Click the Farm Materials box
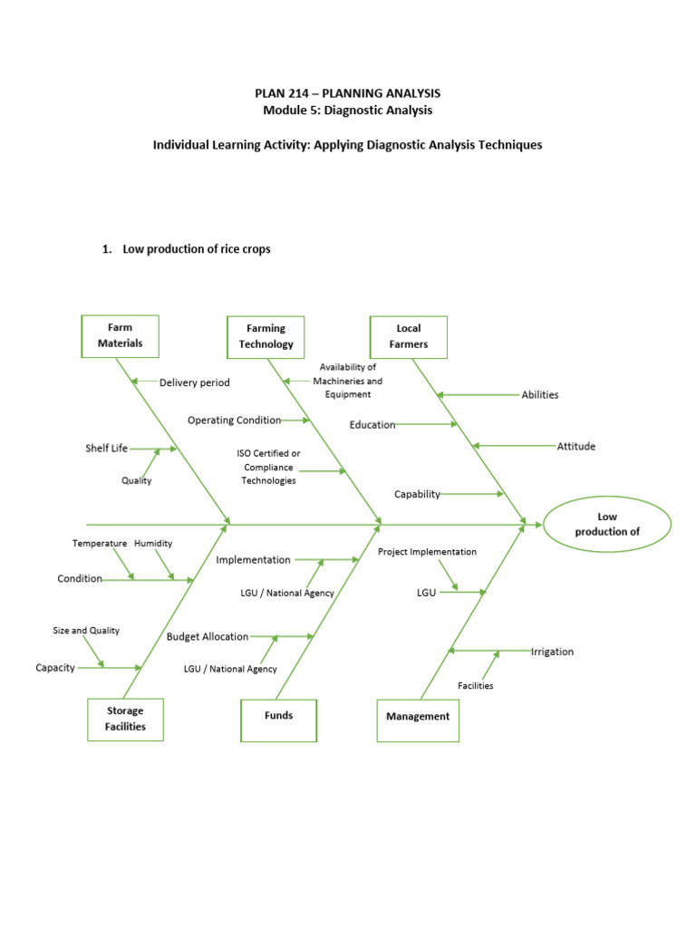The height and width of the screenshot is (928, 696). pyautogui.click(x=120, y=336)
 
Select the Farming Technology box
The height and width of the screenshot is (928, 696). pyautogui.click(x=266, y=336)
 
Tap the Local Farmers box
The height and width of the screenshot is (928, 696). pyautogui.click(x=408, y=336)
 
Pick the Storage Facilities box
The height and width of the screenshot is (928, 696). pyautogui.click(x=125, y=719)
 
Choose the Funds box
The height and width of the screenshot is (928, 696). pyautogui.click(x=278, y=716)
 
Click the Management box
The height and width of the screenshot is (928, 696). pyautogui.click(x=417, y=717)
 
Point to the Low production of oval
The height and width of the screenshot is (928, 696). pyautogui.click(x=607, y=525)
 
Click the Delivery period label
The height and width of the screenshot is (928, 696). pyautogui.click(x=195, y=383)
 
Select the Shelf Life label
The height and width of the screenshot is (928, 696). pyautogui.click(x=107, y=449)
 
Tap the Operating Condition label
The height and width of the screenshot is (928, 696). pyautogui.click(x=234, y=420)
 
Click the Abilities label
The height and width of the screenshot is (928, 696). pyautogui.click(x=540, y=395)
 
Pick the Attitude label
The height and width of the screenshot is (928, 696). pyautogui.click(x=576, y=447)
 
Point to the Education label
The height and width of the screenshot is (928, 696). pyautogui.click(x=372, y=425)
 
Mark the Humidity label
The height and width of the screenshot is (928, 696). pyautogui.click(x=153, y=544)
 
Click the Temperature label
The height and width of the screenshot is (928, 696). pyautogui.click(x=100, y=544)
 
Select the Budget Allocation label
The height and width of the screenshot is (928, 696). pyautogui.click(x=208, y=637)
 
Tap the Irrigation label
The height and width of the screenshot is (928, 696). pyautogui.click(x=552, y=652)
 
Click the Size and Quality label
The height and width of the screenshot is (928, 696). pyautogui.click(x=86, y=631)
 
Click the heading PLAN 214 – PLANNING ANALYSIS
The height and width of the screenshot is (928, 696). pyautogui.click(x=348, y=93)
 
